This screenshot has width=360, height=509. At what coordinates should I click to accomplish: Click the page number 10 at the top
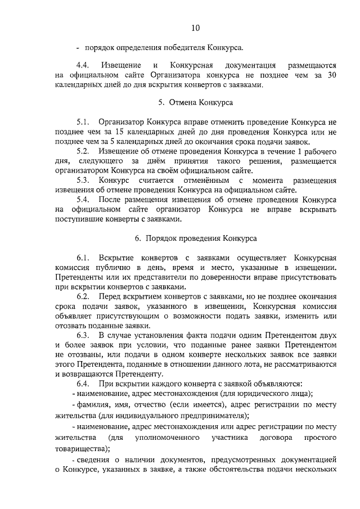point(195,28)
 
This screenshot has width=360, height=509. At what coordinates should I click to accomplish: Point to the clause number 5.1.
point(83,121)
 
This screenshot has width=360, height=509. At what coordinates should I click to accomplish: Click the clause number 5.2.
point(83,152)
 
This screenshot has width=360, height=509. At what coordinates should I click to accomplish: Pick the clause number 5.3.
point(83,181)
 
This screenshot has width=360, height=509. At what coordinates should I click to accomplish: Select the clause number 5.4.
point(83,200)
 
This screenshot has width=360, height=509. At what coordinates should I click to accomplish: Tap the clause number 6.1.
point(83,257)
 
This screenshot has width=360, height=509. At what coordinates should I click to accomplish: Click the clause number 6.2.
point(83,296)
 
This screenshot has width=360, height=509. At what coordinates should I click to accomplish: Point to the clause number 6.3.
point(83,335)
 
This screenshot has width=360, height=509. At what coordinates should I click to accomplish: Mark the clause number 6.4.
point(83,384)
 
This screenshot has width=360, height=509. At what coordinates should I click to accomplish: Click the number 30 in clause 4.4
point(331,75)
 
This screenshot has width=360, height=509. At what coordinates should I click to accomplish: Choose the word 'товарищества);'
point(83,449)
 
